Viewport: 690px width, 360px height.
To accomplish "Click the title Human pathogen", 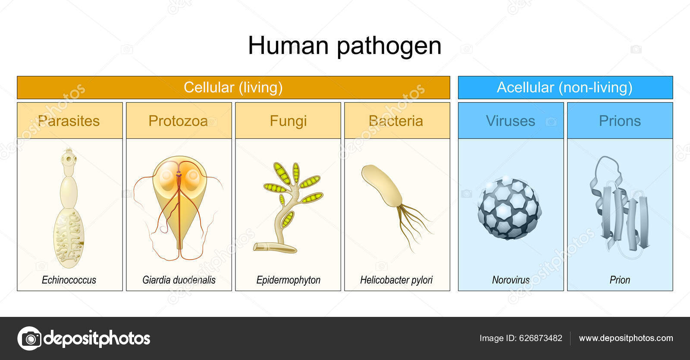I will point(345,46).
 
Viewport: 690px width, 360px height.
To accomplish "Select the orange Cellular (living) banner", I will point(233,88).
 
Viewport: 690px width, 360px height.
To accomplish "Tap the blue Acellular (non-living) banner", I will point(565,88).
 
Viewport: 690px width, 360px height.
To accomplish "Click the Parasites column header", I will point(69,121).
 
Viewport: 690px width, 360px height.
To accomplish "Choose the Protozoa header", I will point(178,121).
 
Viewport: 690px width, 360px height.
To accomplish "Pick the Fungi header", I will point(288,121).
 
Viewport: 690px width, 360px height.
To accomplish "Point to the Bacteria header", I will point(396,121).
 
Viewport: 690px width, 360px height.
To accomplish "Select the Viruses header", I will point(510,121).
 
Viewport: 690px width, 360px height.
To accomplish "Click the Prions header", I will point(620,121).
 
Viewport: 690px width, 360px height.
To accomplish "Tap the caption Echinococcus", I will point(69,280).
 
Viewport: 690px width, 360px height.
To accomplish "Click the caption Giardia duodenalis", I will point(179,280).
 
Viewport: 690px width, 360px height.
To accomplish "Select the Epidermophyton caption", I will point(288,280).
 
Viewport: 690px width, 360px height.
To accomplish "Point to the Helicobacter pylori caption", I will point(396,280).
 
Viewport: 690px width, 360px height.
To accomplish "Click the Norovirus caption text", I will point(511,280).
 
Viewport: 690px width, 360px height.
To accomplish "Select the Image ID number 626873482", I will point(540,338).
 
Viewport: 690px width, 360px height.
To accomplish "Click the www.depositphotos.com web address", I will point(625,338).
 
